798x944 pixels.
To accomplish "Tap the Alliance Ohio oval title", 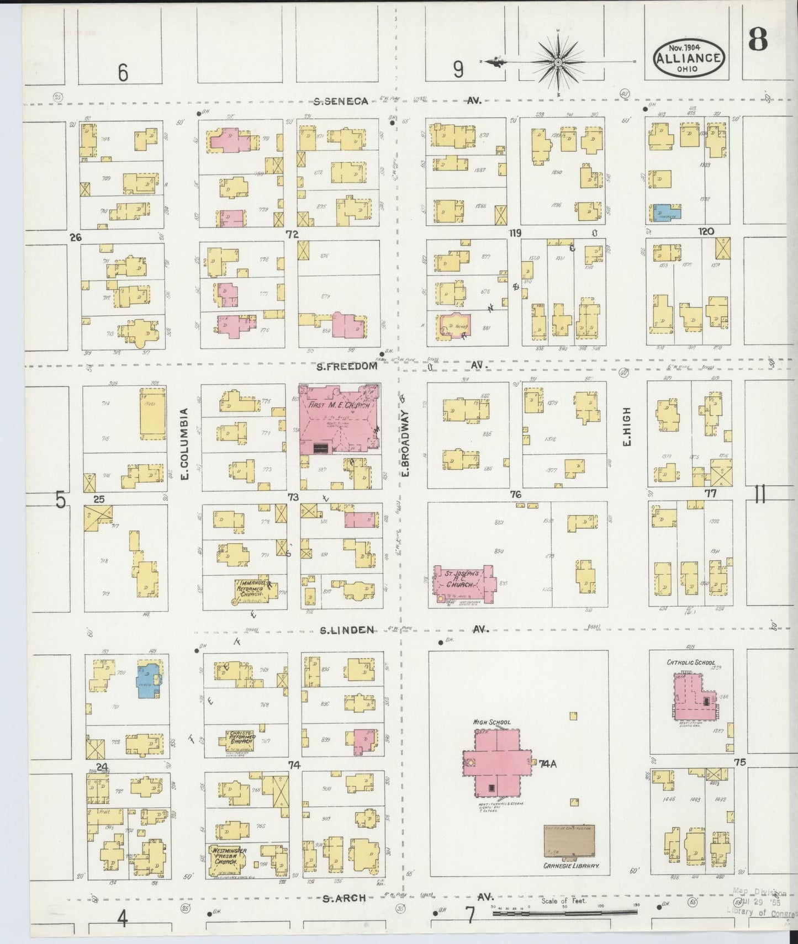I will click(688, 58).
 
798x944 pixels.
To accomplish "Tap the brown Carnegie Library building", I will click(569, 842).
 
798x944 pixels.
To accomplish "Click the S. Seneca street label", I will click(340, 101).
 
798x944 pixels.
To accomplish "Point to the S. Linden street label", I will click(348, 629).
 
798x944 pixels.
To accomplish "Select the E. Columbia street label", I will click(184, 443).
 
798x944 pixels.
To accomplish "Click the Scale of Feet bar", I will click(563, 911).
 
